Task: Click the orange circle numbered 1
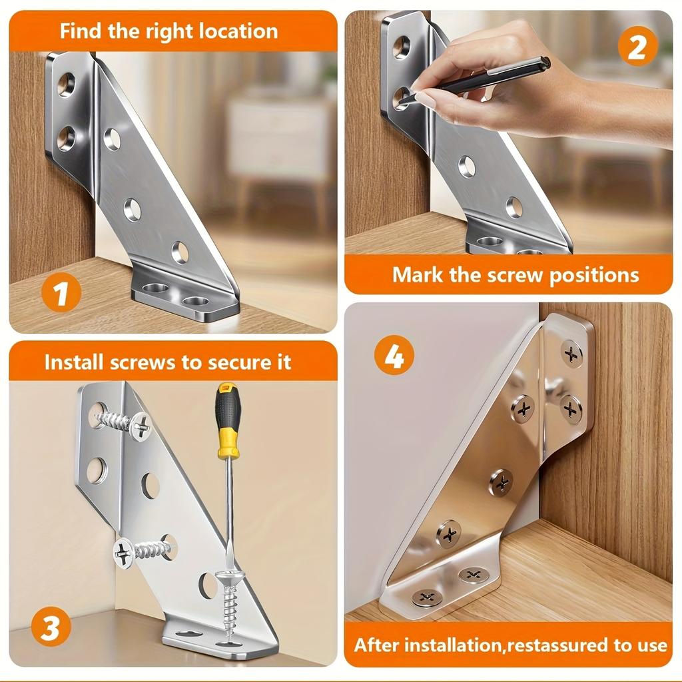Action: click(61, 294)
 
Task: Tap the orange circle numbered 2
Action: click(637, 48)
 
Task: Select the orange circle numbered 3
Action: click(51, 629)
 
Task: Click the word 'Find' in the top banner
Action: click(82, 31)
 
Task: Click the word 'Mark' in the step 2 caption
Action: click(418, 275)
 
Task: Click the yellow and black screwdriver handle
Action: click(228, 421)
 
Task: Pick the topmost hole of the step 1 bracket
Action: click(66, 85)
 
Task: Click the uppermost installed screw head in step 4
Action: click(571, 354)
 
